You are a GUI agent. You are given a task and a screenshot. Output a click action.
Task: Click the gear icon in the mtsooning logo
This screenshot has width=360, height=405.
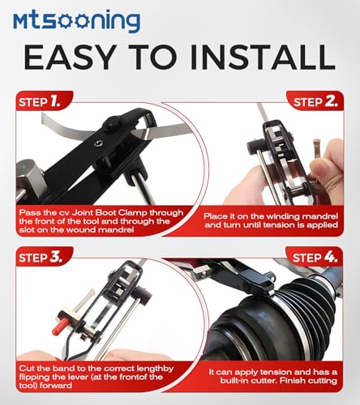point(66,21)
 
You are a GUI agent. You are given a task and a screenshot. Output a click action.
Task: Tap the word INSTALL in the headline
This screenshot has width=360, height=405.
point(263,57)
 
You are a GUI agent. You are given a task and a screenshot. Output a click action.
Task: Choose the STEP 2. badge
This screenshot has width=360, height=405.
point(315,101)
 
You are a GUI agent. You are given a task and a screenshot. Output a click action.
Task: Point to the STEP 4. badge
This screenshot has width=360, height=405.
point(315,257)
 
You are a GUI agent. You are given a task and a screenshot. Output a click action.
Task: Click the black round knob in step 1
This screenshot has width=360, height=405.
point(111,125)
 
